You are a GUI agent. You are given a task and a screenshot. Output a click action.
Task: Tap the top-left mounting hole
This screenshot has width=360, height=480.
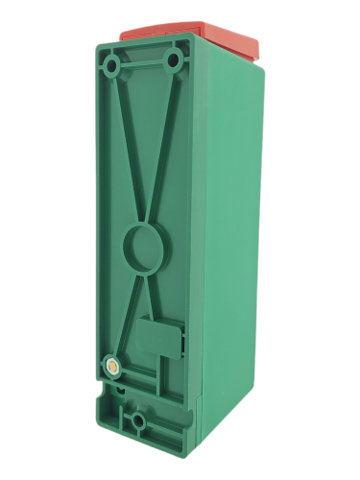[113, 66]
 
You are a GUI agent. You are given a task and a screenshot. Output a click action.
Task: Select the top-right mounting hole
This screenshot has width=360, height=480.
[174, 61]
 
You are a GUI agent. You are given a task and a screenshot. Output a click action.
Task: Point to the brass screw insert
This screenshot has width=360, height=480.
[112, 365]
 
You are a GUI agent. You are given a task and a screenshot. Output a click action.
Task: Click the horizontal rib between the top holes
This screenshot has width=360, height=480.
[144, 63]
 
